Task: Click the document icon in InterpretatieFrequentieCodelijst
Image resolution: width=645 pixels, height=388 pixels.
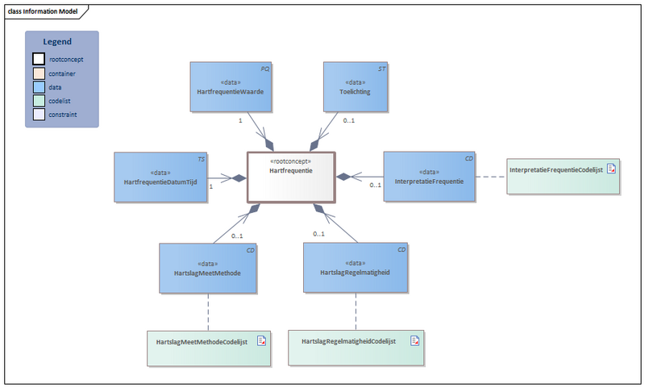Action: tap(611, 169)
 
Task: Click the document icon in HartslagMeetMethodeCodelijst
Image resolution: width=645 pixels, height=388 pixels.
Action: tap(261, 341)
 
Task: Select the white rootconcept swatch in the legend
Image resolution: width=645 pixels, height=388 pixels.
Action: tap(39, 59)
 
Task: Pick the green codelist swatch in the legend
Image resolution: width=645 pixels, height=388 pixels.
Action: tap(39, 101)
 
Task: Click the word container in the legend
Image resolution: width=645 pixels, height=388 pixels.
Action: tap(63, 73)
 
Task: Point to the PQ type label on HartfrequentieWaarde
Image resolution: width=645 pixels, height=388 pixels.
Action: tap(264, 69)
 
